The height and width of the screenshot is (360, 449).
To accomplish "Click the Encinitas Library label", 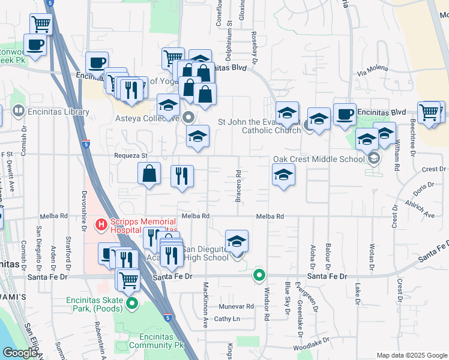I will pos(58,112).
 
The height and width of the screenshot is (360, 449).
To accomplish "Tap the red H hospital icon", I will pos(101,225).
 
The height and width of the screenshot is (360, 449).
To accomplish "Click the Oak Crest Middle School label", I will pos(318,159).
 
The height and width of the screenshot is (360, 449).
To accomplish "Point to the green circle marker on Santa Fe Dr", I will pos(259,275).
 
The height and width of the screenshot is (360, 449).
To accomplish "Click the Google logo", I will pos(20,353).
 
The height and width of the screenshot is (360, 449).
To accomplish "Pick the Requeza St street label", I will pos(131,155).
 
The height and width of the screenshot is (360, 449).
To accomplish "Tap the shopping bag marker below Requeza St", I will pos(149,174).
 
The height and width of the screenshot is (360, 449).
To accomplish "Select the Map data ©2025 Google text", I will pos(411,355).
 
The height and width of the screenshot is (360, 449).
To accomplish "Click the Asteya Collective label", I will pos(146,118).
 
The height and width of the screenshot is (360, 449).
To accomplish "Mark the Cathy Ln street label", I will pos(227,319).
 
